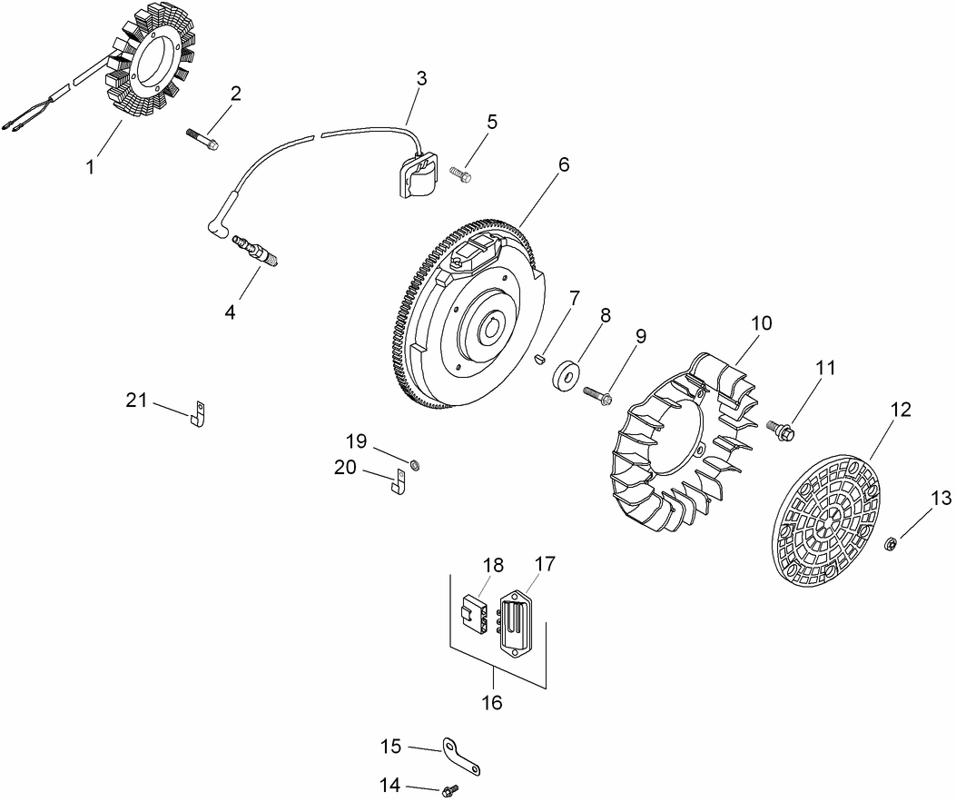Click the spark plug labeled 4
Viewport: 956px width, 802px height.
click(256, 251)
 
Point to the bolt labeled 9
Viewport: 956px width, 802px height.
click(594, 395)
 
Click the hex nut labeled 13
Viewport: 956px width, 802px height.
click(892, 544)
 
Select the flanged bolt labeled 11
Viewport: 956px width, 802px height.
click(782, 426)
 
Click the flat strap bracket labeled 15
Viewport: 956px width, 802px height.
click(461, 756)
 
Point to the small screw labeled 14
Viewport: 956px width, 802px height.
click(448, 791)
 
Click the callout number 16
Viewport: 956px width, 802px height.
click(490, 702)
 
